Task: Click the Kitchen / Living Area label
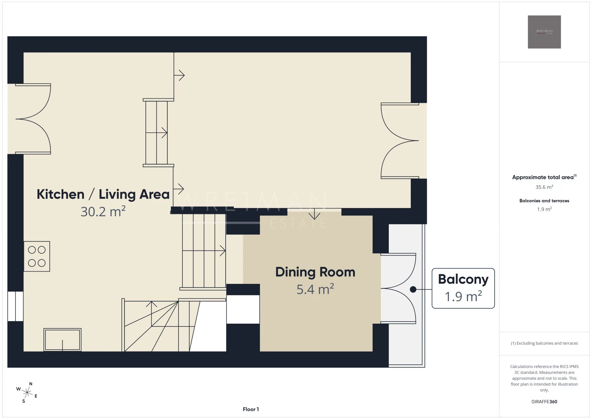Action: tap(103, 194)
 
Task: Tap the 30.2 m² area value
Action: tap(103, 212)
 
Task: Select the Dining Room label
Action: tap(315, 272)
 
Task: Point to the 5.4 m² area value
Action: tap(315, 289)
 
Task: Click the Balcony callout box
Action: tap(463, 288)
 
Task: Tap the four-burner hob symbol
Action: tap(37, 256)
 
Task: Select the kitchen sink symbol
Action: tap(62, 340)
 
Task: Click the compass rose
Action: tap(27, 392)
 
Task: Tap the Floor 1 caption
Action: tap(251, 409)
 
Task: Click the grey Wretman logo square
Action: tap(544, 32)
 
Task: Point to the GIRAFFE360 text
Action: tap(544, 402)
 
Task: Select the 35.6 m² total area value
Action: tap(544, 187)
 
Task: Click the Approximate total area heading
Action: tap(544, 177)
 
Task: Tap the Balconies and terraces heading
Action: tap(544, 201)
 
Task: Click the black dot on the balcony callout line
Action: tap(413, 289)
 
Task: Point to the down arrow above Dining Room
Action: tap(314, 214)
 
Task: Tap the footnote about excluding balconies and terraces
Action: tap(544, 343)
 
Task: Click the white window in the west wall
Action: tap(15, 306)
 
